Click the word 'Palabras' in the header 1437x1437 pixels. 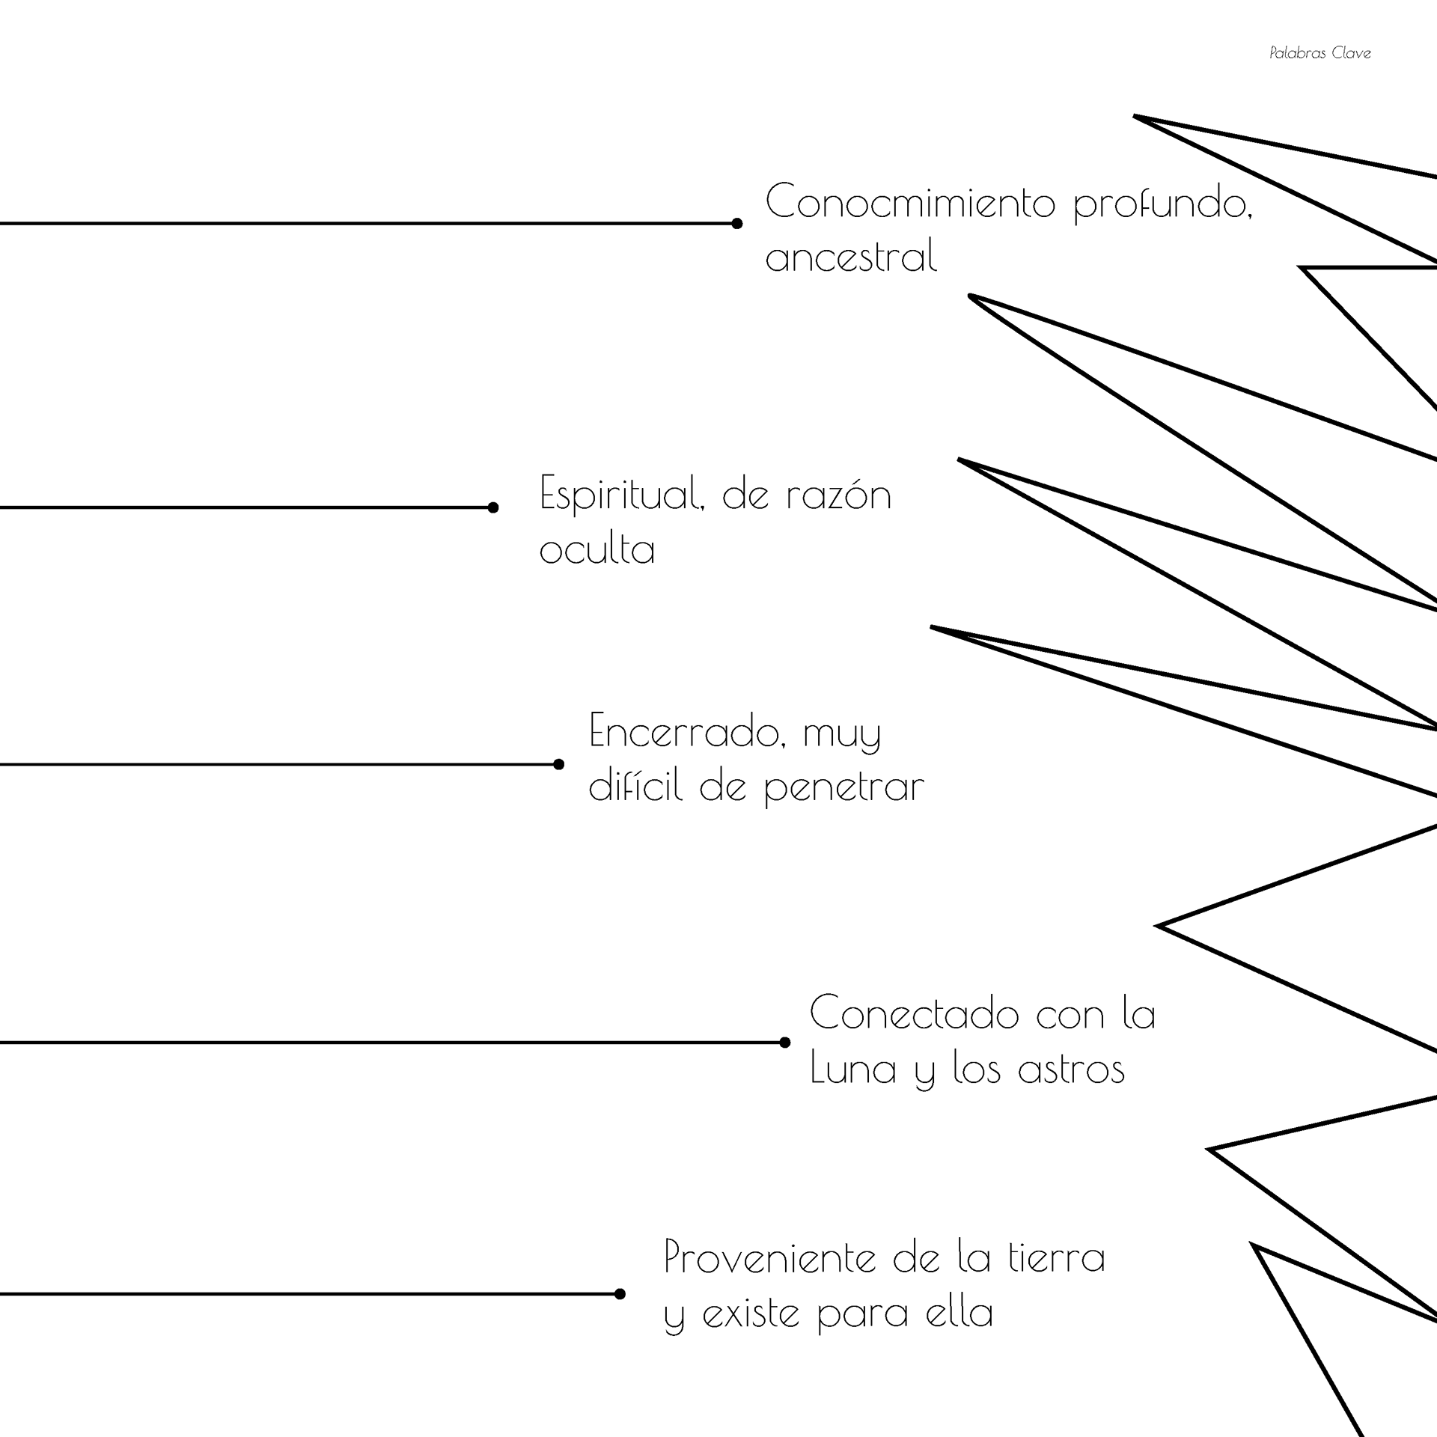tap(1297, 53)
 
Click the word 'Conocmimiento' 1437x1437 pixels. tap(910, 203)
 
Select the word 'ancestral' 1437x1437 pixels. tap(851, 257)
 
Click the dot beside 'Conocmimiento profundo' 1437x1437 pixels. tap(736, 224)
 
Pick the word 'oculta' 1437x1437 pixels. tap(597, 549)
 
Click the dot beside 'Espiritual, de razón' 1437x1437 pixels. tap(492, 507)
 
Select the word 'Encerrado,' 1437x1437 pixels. tap(687, 731)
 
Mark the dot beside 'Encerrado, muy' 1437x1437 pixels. tap(558, 764)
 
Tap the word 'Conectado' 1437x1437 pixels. tap(914, 1014)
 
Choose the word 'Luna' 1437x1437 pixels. tap(853, 1068)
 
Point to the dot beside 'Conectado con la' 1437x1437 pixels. tap(784, 1042)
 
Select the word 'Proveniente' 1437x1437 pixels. tap(769, 1258)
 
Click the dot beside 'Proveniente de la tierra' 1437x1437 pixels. tap(620, 1294)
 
